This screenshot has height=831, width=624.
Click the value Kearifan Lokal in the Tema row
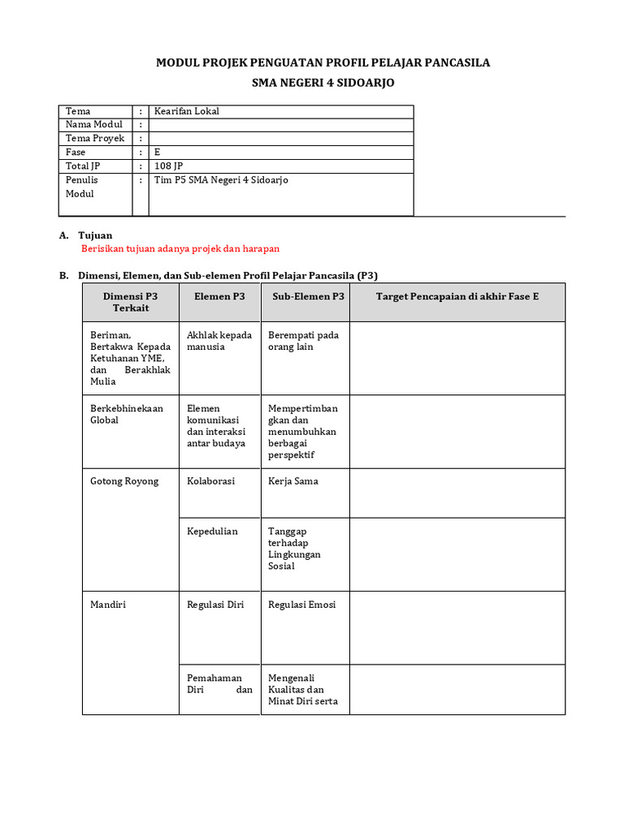coord(187,111)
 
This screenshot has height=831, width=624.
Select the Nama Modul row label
coord(94,125)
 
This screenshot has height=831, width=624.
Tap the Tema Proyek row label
coord(95,139)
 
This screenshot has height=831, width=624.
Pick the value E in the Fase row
coord(158,153)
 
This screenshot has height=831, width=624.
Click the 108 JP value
coord(169,166)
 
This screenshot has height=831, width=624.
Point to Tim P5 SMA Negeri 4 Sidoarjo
coord(221,180)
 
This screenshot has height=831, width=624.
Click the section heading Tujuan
coord(96,235)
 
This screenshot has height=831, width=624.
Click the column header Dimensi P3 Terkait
coord(130,302)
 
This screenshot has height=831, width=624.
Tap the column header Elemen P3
coord(219,297)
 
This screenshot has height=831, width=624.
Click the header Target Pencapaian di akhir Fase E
coord(457,297)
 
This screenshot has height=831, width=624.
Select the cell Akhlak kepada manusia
coord(219,341)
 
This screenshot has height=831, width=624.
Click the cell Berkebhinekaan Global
coord(126,414)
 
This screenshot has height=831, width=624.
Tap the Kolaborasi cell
coord(210,481)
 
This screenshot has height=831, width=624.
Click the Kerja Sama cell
coord(293,481)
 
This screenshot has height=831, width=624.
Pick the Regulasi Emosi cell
coord(301,605)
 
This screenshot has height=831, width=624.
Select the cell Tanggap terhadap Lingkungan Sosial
coord(295,549)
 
